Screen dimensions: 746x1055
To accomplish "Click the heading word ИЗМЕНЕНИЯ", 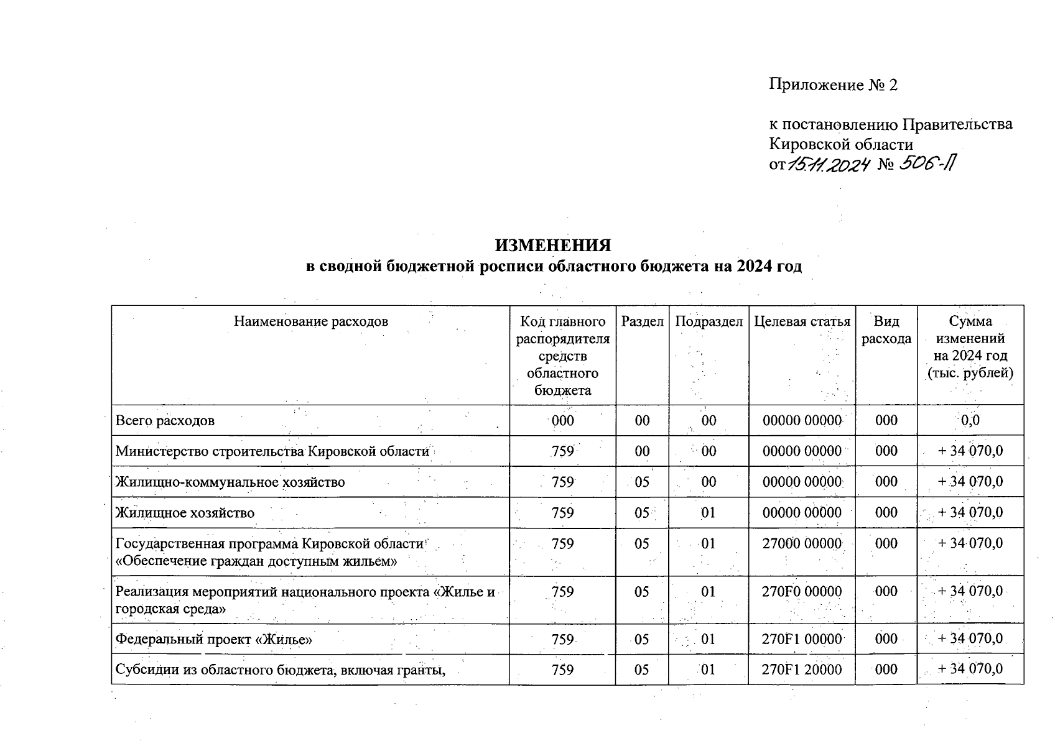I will pyautogui.click(x=553, y=246).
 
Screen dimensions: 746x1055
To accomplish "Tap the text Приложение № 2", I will pyautogui.click(x=833, y=85).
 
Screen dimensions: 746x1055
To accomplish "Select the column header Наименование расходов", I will pyautogui.click(x=310, y=321).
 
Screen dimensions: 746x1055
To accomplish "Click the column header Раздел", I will pyautogui.click(x=642, y=321).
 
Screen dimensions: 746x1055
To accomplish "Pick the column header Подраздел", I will pyautogui.click(x=709, y=321).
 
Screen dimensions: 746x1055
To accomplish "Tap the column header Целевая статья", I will pyautogui.click(x=802, y=321).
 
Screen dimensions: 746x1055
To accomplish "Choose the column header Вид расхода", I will pyautogui.click(x=886, y=330).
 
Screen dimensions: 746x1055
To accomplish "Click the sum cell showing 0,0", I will pyautogui.click(x=970, y=421).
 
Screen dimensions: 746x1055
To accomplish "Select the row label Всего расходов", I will pyautogui.click(x=165, y=421).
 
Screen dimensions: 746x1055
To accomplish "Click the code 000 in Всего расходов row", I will pyautogui.click(x=562, y=421).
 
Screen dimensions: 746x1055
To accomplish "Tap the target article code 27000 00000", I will pyautogui.click(x=802, y=544).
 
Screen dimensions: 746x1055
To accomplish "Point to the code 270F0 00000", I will pyautogui.click(x=802, y=592).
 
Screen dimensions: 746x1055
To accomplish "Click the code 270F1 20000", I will pyautogui.click(x=802, y=670).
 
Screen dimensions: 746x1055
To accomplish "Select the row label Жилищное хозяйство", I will pyautogui.click(x=185, y=513).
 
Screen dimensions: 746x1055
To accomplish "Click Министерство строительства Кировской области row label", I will pyautogui.click(x=272, y=451).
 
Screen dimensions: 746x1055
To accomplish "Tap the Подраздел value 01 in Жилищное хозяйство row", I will pyautogui.click(x=709, y=513).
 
